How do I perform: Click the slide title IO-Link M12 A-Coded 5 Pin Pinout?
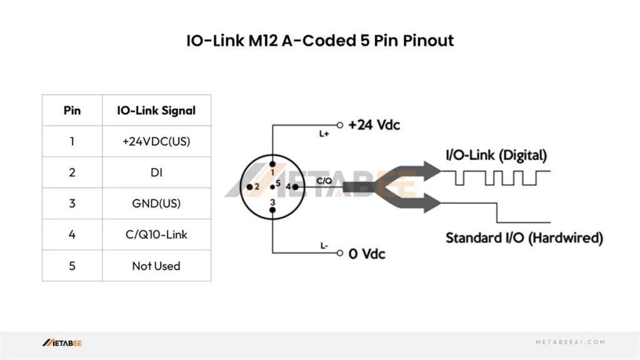click(x=320, y=41)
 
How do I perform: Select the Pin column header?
click(x=72, y=111)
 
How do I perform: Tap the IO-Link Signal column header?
click(x=156, y=111)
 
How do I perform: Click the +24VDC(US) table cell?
click(x=156, y=141)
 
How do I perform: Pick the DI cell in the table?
click(x=156, y=172)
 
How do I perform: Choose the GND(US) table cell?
click(x=156, y=204)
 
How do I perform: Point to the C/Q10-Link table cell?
click(x=156, y=235)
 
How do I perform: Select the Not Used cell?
click(x=156, y=266)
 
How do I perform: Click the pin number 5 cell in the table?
click(x=72, y=266)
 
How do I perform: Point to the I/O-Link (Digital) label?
click(x=496, y=154)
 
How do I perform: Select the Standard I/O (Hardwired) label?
click(x=524, y=237)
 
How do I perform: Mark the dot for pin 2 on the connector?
click(x=249, y=186)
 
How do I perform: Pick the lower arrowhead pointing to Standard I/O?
click(x=430, y=203)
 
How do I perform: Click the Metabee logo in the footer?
click(x=62, y=342)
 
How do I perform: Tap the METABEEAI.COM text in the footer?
click(x=571, y=342)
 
